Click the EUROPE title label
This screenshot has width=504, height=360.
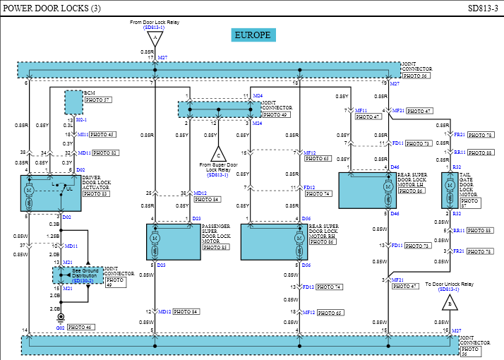coord(253,35)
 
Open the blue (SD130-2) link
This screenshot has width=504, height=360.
coord(83,281)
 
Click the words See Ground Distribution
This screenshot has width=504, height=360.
coord(85,273)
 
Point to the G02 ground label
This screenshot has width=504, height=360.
coord(61,328)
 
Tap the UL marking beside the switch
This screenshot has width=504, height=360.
coord(69,189)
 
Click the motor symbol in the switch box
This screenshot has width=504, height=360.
coord(29,191)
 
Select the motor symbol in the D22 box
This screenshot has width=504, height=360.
coord(155,239)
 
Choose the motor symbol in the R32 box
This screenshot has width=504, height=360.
coord(450,186)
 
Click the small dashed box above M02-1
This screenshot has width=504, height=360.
coord(73,102)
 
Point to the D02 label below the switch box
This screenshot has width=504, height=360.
coord(67,217)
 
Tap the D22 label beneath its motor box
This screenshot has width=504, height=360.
coord(162,265)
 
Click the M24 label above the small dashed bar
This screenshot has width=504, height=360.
coord(258,96)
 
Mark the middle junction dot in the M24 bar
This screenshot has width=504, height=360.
coord(219,109)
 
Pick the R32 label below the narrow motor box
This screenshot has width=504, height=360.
coord(457,214)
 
